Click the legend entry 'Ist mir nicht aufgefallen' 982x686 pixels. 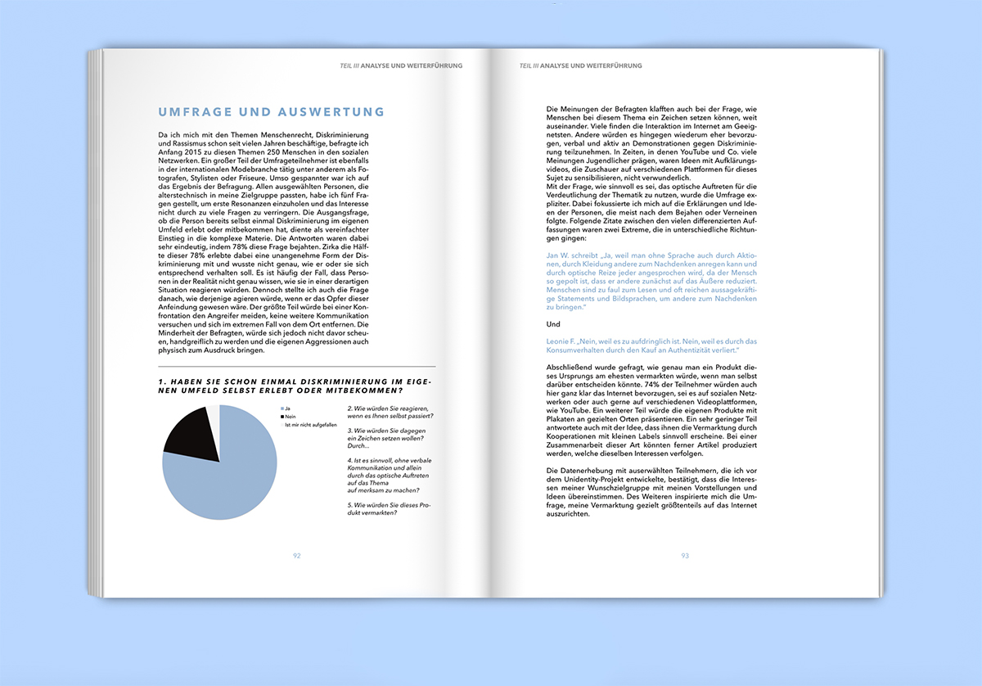[310, 426]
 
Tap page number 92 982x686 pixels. [297, 555]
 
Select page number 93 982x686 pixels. [685, 555]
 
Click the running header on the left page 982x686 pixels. [401, 65]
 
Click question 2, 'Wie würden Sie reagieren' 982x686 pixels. [390, 412]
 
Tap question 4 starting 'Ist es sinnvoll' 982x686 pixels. [385, 476]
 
